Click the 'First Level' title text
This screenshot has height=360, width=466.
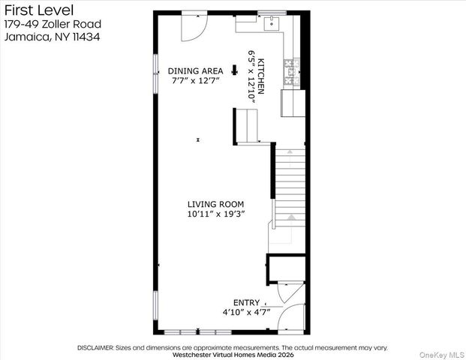point(38,10)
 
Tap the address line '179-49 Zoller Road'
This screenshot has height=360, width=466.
point(52,24)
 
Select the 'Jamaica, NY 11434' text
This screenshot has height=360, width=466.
point(51,37)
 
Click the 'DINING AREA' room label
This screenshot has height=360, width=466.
point(195,71)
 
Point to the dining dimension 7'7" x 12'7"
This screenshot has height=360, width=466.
point(195,81)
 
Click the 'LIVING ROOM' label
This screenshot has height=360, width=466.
point(215,204)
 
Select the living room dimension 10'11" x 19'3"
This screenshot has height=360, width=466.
point(215,214)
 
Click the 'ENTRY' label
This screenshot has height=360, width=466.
point(246,302)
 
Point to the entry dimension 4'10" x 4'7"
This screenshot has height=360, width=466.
point(246,312)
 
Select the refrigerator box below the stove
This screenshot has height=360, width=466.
point(293,103)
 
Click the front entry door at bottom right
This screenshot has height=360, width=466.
point(290,319)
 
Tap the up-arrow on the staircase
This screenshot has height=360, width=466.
point(291,217)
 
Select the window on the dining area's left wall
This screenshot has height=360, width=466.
point(155,73)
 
